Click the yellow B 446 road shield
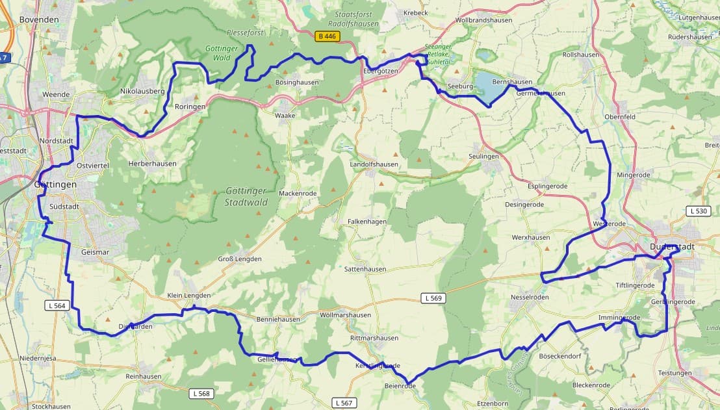[x=328, y=36]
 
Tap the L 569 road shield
[x=434, y=298]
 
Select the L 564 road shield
[x=58, y=305]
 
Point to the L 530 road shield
[x=699, y=211]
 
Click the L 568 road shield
[x=202, y=394]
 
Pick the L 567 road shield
[x=344, y=403]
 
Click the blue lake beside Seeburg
[x=487, y=83]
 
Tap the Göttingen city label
[x=55, y=185]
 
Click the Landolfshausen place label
[x=374, y=164]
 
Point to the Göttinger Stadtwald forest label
[x=246, y=196]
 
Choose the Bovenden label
[x=39, y=19]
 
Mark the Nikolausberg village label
[x=142, y=92]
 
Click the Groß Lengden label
[x=239, y=259]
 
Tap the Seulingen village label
[x=483, y=157]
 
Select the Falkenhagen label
[x=367, y=222]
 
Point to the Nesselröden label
[x=530, y=297]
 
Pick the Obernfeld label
[x=619, y=117]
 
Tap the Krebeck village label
[x=416, y=13]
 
